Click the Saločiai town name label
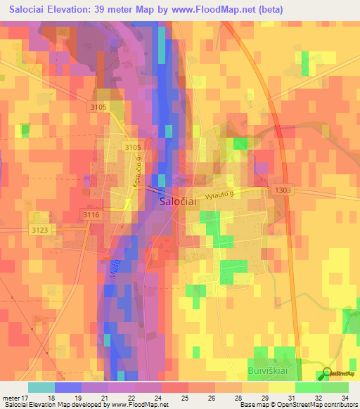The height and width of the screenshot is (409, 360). (x=179, y=201)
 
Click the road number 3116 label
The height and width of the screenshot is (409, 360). (x=92, y=214)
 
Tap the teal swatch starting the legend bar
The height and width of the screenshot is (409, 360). (x=41, y=387)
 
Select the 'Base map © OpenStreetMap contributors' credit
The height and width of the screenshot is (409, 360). (x=297, y=404)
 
